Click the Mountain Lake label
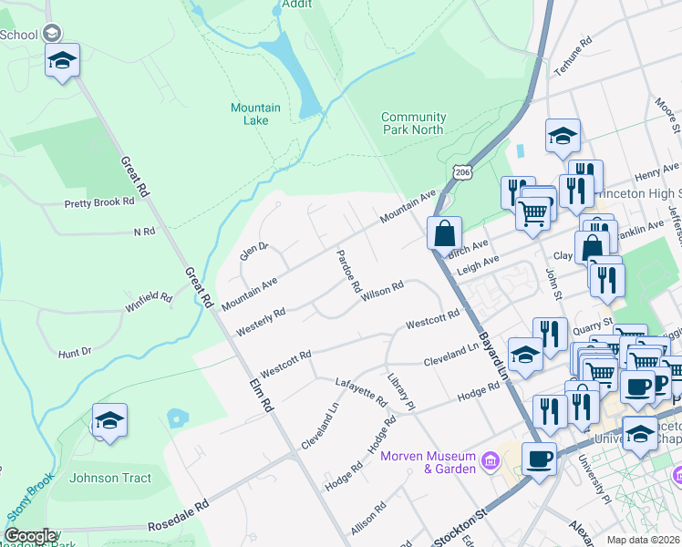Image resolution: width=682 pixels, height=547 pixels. [255, 114]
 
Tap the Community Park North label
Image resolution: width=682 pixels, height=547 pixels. [413, 123]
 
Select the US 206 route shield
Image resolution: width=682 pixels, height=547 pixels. [461, 172]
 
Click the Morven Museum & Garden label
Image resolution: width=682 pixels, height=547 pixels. [428, 462]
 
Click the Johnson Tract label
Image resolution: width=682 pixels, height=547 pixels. [107, 478]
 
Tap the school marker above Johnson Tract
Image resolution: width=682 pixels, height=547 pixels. [109, 421]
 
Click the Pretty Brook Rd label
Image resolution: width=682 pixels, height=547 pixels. [99, 202]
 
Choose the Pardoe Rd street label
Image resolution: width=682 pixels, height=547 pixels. [348, 271]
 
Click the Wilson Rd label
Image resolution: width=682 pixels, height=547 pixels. [382, 291]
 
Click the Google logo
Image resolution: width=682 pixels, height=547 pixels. [30, 536]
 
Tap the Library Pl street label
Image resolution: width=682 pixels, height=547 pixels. [400, 390]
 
